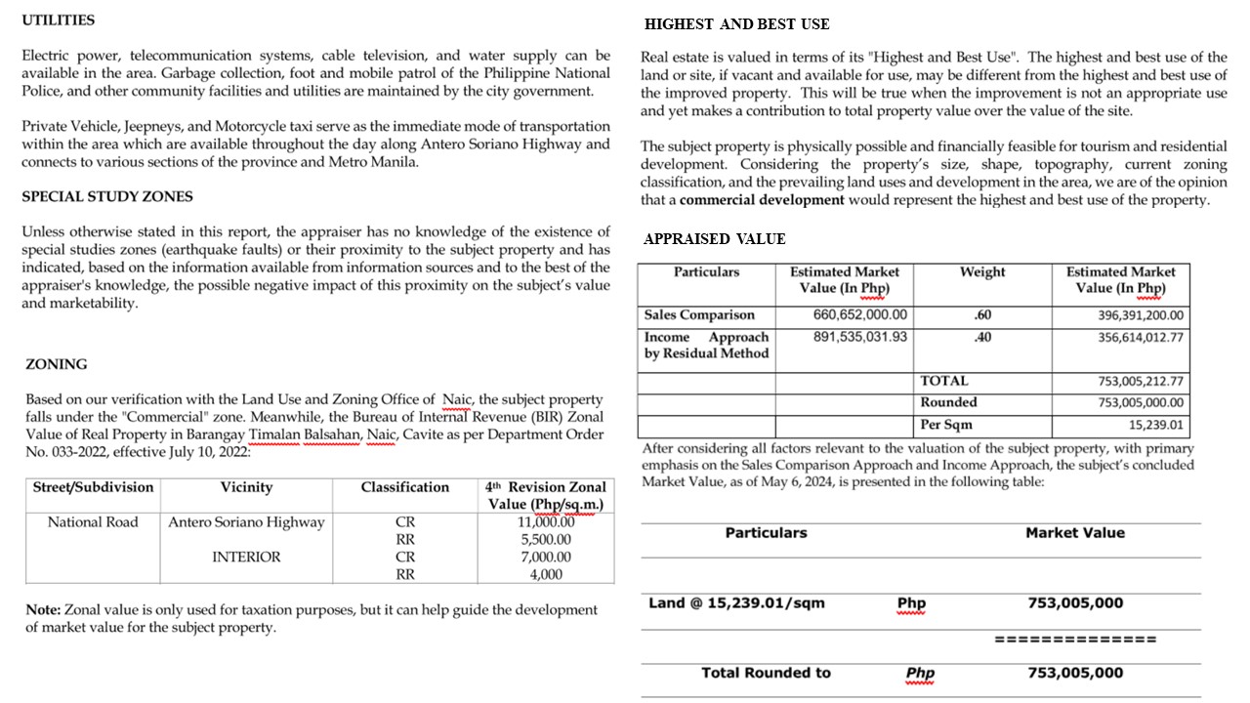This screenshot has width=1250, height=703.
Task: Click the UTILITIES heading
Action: (59, 20)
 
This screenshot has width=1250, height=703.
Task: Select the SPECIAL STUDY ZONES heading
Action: (107, 196)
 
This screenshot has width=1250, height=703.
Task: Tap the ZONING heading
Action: (56, 364)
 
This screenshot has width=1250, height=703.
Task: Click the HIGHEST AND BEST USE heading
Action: (736, 23)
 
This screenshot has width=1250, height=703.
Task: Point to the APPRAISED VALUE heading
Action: (714, 238)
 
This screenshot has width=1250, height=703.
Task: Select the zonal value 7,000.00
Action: (546, 558)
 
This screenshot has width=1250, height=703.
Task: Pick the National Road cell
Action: (93, 522)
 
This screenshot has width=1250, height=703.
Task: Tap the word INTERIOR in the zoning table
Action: (246, 558)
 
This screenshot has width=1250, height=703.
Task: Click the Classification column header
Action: (404, 487)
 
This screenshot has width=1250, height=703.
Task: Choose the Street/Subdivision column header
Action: (93, 487)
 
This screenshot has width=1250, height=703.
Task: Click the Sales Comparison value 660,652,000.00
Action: (859, 315)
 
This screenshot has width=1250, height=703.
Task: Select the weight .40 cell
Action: (982, 337)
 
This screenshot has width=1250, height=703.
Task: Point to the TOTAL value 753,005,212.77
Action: (1141, 382)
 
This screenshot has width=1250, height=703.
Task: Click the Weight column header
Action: (982, 272)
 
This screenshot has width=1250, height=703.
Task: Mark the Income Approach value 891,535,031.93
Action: (859, 337)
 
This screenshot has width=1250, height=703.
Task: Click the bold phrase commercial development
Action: (762, 200)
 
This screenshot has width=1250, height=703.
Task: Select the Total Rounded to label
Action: (766, 673)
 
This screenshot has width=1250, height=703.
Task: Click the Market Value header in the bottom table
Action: (1074, 533)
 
